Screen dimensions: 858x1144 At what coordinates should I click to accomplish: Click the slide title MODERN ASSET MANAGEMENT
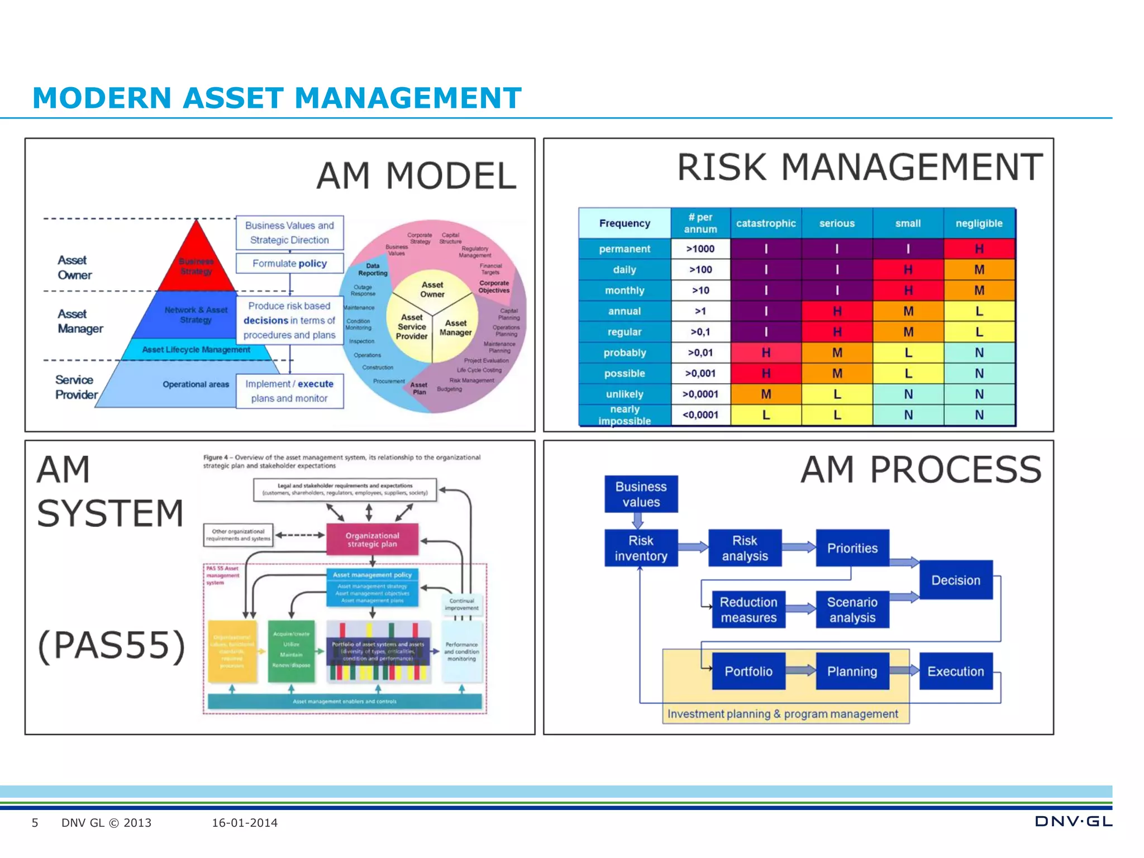(277, 98)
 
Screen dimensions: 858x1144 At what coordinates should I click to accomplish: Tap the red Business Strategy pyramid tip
(196, 263)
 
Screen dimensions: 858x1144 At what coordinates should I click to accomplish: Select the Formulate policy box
(289, 263)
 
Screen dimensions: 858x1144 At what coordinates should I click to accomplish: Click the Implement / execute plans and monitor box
(289, 391)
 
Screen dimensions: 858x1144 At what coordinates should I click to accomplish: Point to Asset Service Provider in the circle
(412, 327)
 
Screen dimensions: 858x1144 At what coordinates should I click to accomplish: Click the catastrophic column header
(765, 223)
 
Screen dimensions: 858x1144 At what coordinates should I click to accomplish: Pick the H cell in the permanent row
(979, 249)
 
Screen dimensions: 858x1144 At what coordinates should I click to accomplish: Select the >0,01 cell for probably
(700, 352)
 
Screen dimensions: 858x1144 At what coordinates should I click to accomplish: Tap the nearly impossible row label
(625, 415)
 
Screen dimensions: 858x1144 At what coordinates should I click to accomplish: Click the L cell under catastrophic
(765, 415)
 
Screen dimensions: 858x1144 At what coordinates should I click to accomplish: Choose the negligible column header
(979, 223)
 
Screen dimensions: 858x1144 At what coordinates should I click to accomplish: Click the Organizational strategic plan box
(372, 540)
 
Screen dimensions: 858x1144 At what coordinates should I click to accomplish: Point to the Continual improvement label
(461, 604)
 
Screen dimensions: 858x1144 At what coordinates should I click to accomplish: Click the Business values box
(641, 494)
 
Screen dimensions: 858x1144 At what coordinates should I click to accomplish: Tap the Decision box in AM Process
(955, 580)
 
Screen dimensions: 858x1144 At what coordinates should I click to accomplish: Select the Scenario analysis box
(852, 610)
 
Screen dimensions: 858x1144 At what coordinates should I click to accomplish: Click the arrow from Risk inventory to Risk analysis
(693, 547)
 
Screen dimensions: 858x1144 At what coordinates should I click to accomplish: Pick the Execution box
(955, 671)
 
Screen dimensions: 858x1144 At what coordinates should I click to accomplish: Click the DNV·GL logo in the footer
(1072, 822)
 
